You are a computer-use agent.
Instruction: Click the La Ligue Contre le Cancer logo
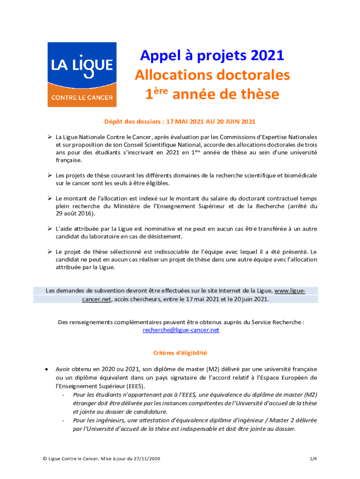pyautogui.click(x=82, y=75)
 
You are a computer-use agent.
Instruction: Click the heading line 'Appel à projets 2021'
pyautogui.click(x=212, y=56)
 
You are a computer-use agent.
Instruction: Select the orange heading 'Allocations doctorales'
pyautogui.click(x=212, y=75)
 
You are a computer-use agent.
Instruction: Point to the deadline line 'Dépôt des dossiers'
pyautogui.click(x=180, y=122)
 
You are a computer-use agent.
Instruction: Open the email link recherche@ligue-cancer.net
pyautogui.click(x=180, y=330)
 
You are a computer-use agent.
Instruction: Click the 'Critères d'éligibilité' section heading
pyautogui.click(x=180, y=353)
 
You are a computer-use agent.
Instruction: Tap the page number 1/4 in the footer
pyautogui.click(x=313, y=459)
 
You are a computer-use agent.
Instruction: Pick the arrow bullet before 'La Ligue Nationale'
pyautogui.click(x=49, y=137)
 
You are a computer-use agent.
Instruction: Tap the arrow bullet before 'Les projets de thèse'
pyautogui.click(x=49, y=175)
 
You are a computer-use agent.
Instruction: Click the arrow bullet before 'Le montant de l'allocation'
pyautogui.click(x=49, y=198)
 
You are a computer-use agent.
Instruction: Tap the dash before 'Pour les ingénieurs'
pyautogui.click(x=63, y=420)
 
